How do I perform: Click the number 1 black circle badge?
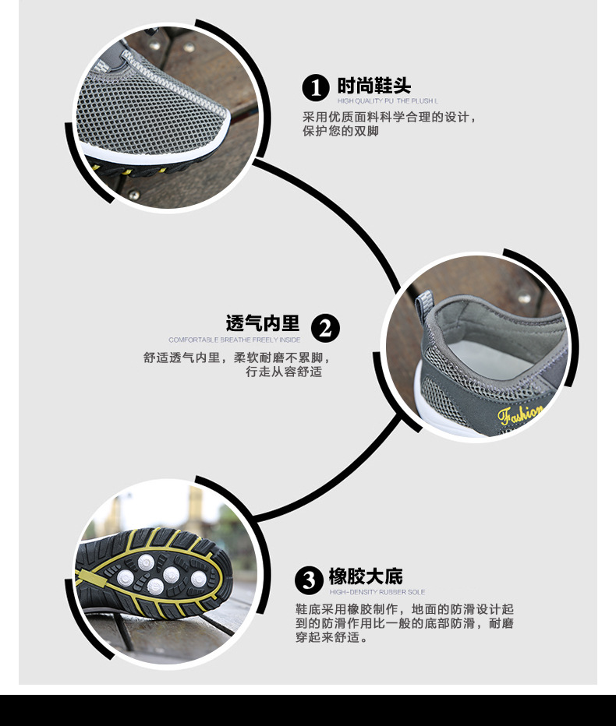(x=316, y=88)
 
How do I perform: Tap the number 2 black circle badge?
(x=325, y=328)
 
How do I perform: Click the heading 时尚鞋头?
(x=373, y=85)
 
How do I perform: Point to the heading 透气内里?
(x=263, y=322)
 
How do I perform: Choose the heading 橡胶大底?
(x=365, y=576)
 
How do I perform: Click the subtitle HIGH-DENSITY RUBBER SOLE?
(x=377, y=593)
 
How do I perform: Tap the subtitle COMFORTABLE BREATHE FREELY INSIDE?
(x=234, y=340)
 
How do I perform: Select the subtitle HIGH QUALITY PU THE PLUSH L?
(x=388, y=101)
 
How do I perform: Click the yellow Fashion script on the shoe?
(x=520, y=413)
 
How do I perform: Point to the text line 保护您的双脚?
(x=341, y=132)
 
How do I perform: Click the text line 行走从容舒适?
(x=284, y=372)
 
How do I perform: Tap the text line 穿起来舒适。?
(x=331, y=638)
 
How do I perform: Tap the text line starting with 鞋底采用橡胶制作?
(x=404, y=609)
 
